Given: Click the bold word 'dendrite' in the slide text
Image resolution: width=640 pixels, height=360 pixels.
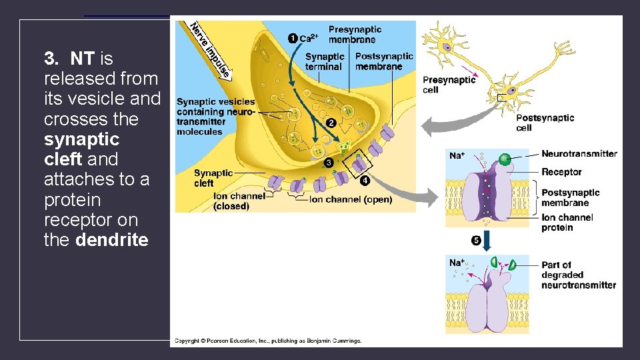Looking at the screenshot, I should click(x=112, y=240).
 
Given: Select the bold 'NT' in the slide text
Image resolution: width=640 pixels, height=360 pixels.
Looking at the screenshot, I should click(x=81, y=59).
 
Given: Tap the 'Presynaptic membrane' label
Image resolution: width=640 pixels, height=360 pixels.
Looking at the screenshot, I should click(x=355, y=34).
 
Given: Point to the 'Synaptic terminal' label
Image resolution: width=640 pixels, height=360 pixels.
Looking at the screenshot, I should click(x=325, y=61).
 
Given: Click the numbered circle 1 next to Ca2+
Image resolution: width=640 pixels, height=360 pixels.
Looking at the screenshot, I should click(x=293, y=38).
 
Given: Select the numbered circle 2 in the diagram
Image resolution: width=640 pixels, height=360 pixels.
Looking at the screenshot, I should click(x=331, y=123).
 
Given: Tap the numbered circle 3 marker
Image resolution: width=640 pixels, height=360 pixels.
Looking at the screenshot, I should click(x=329, y=163).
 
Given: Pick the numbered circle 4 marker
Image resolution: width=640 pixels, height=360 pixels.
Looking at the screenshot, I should click(x=365, y=180).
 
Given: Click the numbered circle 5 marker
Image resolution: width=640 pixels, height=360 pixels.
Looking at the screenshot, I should click(x=476, y=240).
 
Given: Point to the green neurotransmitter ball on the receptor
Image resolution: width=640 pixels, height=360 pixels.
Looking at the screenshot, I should click(x=505, y=159).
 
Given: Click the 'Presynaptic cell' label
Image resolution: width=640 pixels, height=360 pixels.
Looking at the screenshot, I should click(x=449, y=84).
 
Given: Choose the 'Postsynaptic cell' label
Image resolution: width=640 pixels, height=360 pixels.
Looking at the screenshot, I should click(x=545, y=123).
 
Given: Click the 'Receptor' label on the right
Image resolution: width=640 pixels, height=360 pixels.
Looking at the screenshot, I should click(x=561, y=172).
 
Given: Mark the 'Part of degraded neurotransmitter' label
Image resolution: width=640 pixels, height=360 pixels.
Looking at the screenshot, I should click(x=579, y=275).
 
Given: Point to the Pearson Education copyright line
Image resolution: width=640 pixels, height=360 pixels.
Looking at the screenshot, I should click(x=268, y=341).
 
